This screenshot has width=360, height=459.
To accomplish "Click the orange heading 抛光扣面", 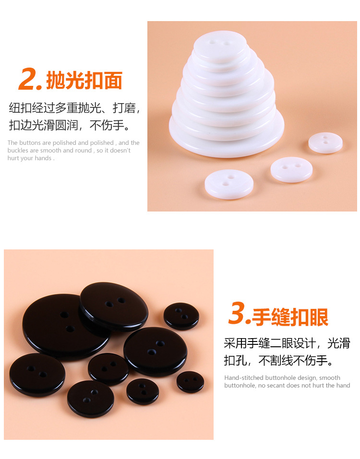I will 84,81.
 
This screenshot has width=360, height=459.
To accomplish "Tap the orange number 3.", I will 239,315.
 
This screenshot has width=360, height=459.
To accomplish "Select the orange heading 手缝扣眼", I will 290,317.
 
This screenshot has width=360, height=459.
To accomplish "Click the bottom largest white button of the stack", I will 226,144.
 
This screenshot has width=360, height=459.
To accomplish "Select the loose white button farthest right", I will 325,142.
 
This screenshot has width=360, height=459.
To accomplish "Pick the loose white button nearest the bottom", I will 229,183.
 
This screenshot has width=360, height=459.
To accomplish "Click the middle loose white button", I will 291,169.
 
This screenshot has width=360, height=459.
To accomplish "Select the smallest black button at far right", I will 190,381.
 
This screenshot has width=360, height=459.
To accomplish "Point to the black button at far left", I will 37,375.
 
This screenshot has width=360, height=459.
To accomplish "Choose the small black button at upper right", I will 181,316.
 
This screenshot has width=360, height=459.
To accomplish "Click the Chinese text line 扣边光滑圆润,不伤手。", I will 70,126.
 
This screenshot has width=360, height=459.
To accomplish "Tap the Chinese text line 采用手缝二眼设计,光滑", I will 287,343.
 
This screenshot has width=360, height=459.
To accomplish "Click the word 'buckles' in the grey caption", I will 18,151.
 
